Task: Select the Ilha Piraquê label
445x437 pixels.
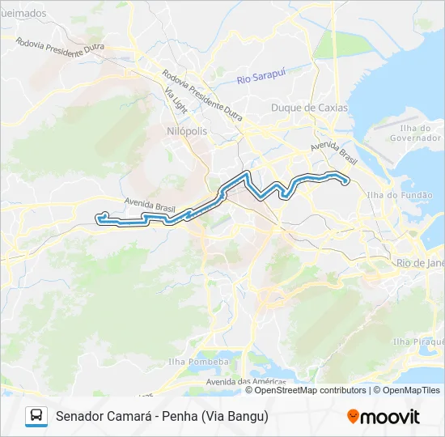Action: (x=417, y=342)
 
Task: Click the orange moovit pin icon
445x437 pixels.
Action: (x=353, y=417)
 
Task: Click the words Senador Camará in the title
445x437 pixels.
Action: (x=104, y=416)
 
